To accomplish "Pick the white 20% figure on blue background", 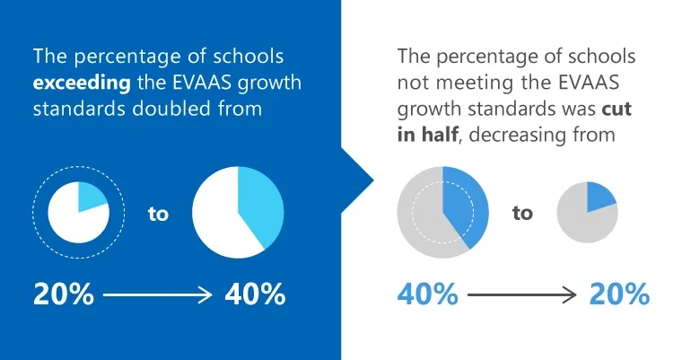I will (64, 294).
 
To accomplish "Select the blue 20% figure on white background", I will (618, 294).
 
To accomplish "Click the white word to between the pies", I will (158, 215).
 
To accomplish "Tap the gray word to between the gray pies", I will (522, 214).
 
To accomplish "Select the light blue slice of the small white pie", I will (92, 195).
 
